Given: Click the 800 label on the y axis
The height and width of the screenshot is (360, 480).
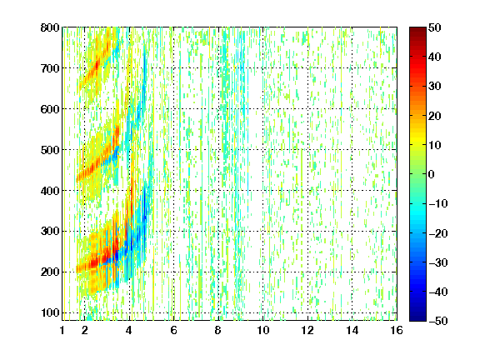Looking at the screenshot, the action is (50, 27).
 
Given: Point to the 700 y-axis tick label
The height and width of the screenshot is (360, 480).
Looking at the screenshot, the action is (50, 68).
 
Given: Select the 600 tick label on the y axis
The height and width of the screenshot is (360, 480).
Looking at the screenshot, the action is (50, 109).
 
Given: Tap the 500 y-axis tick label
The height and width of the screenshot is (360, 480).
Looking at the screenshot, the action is (50, 150).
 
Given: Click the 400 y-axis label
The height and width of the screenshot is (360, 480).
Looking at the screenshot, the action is (50, 191).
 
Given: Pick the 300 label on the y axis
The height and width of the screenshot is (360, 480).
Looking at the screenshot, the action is (50, 231).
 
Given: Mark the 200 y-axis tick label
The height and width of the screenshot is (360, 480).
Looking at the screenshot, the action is (50, 272).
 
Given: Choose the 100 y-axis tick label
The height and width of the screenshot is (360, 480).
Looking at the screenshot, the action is (50, 312).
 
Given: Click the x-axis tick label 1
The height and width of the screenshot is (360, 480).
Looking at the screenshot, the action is (62, 330).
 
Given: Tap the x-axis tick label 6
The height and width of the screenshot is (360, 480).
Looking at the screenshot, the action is (174, 330).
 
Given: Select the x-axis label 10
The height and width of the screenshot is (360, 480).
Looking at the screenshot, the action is (263, 330).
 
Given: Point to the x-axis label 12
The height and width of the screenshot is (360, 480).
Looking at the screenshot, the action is (307, 330).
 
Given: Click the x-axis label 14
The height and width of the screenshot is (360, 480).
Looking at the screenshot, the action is (352, 330).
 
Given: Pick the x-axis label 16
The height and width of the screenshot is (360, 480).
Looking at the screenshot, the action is (397, 330).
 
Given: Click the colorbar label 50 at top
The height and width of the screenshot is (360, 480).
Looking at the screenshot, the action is (434, 27).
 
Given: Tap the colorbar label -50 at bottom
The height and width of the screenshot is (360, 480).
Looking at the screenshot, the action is (437, 321).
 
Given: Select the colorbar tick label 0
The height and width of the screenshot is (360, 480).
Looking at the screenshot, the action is (432, 174).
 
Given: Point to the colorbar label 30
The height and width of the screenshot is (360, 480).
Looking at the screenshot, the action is (434, 87).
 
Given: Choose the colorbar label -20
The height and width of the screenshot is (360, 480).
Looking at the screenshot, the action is (437, 233).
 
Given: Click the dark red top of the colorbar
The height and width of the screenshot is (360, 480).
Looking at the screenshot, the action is (417, 30).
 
